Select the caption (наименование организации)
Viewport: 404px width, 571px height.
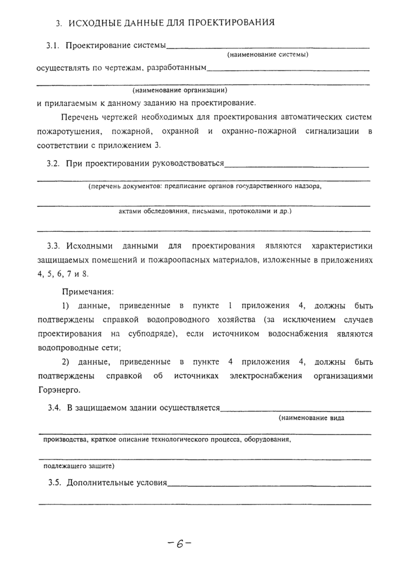pyautogui.click(x=179, y=90)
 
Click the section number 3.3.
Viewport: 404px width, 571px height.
pyautogui.click(x=56, y=247)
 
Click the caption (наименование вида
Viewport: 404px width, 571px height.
pyautogui.click(x=311, y=418)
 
